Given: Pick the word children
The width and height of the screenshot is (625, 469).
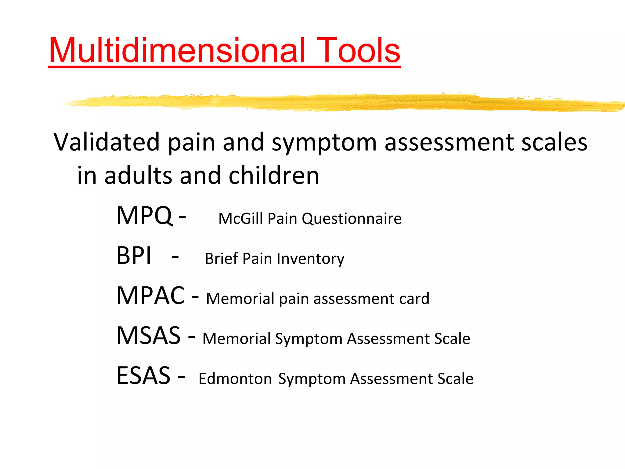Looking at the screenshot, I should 274,176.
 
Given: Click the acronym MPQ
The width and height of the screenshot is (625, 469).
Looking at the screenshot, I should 144,216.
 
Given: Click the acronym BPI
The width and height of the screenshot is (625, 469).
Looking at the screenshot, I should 134,256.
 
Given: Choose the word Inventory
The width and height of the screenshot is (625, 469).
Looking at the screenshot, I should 311,259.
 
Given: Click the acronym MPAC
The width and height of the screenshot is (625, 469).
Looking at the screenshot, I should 150,296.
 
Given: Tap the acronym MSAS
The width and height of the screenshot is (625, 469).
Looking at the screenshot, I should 149,336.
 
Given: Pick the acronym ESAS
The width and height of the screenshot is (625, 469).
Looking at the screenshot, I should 143,376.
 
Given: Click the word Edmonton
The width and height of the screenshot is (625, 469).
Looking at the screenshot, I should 235,379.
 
